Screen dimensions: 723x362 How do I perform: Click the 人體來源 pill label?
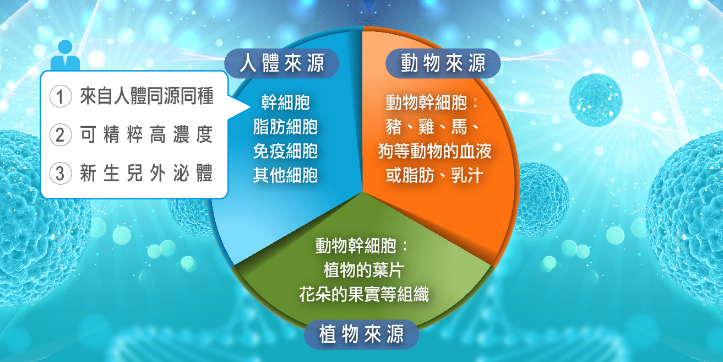282,63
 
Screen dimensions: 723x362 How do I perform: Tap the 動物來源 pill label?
443,63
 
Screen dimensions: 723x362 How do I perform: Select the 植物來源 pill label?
361,334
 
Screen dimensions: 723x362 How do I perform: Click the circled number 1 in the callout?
61,96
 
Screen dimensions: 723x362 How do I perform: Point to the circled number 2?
61,134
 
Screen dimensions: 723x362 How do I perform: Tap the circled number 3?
61,173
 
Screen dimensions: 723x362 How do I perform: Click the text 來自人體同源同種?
147,96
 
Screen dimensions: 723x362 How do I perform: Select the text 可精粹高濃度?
146,134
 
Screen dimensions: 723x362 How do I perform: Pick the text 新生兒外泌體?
146,173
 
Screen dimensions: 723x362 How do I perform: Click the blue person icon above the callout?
65,55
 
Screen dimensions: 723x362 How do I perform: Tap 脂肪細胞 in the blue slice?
285,127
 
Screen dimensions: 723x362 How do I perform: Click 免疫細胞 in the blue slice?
285,151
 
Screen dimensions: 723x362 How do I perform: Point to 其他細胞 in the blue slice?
285,175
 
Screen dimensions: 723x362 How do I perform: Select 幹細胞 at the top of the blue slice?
285,102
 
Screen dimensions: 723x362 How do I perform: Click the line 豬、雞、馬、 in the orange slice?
432,127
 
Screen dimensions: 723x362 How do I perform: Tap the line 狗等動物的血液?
435,151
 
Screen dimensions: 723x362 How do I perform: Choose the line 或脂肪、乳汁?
434,175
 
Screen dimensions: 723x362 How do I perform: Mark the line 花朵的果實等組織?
364,294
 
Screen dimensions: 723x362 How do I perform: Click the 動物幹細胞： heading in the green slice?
361,246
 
